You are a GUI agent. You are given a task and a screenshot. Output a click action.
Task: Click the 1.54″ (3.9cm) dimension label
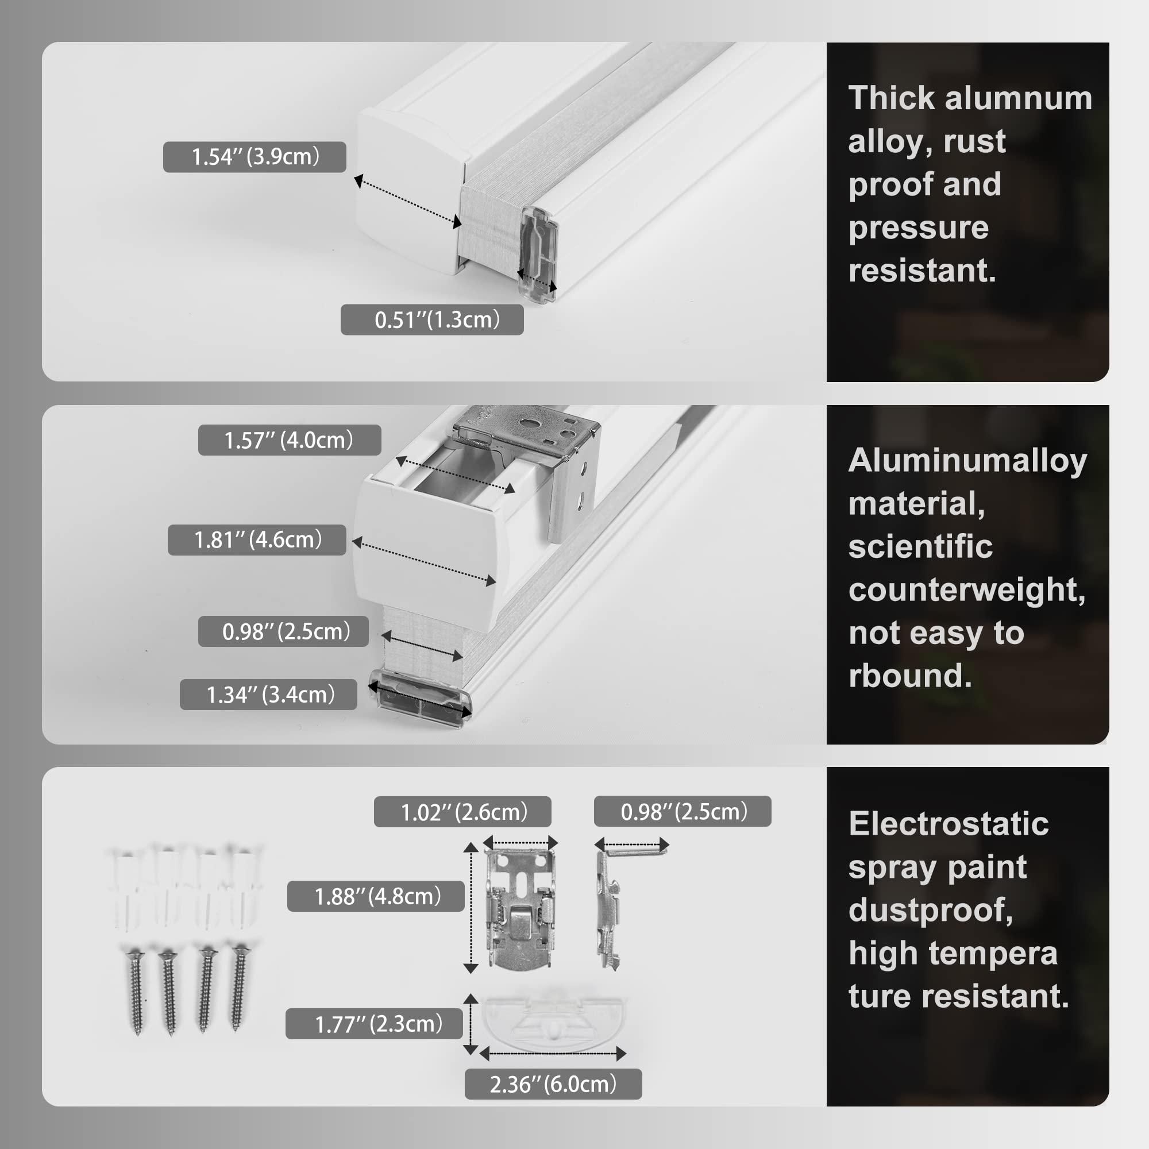point(255,157)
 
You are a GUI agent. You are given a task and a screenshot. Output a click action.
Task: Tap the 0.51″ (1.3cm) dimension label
point(432,320)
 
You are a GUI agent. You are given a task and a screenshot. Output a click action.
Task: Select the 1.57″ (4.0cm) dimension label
point(289,440)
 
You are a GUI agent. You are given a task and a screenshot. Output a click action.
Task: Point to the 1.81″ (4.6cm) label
point(257,540)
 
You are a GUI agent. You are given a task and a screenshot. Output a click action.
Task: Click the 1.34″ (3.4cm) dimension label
point(268,695)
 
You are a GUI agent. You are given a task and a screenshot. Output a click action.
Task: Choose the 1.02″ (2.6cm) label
point(462,812)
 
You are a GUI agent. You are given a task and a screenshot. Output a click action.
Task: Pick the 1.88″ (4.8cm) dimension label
point(376,896)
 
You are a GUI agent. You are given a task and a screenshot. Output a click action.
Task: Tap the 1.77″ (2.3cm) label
point(374,1024)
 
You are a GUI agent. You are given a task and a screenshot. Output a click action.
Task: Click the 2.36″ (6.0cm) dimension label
point(553,1084)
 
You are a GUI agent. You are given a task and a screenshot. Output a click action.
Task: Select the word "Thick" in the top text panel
point(892,98)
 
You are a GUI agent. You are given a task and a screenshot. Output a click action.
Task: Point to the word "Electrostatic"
point(948,824)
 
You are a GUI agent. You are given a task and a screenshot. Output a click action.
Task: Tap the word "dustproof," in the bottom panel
point(931,911)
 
